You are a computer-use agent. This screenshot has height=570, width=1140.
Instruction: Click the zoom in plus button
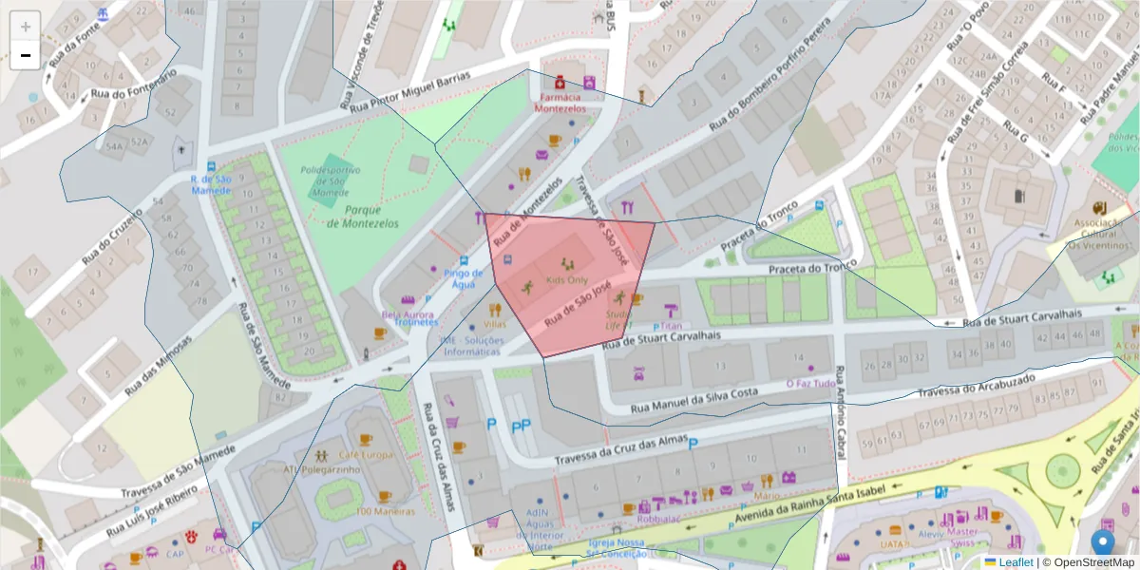[x=26, y=27]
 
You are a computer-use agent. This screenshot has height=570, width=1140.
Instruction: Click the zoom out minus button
[x=26, y=56]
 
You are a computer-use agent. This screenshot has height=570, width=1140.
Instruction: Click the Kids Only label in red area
[x=566, y=282]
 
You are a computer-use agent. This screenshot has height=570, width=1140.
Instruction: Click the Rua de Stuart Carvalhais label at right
[x=1035, y=317]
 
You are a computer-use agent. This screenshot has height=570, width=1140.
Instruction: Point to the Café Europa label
[x=366, y=454]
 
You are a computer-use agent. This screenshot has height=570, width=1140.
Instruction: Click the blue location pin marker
[x=1102, y=543]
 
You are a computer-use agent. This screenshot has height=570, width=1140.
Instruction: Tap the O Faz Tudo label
[x=810, y=384]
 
